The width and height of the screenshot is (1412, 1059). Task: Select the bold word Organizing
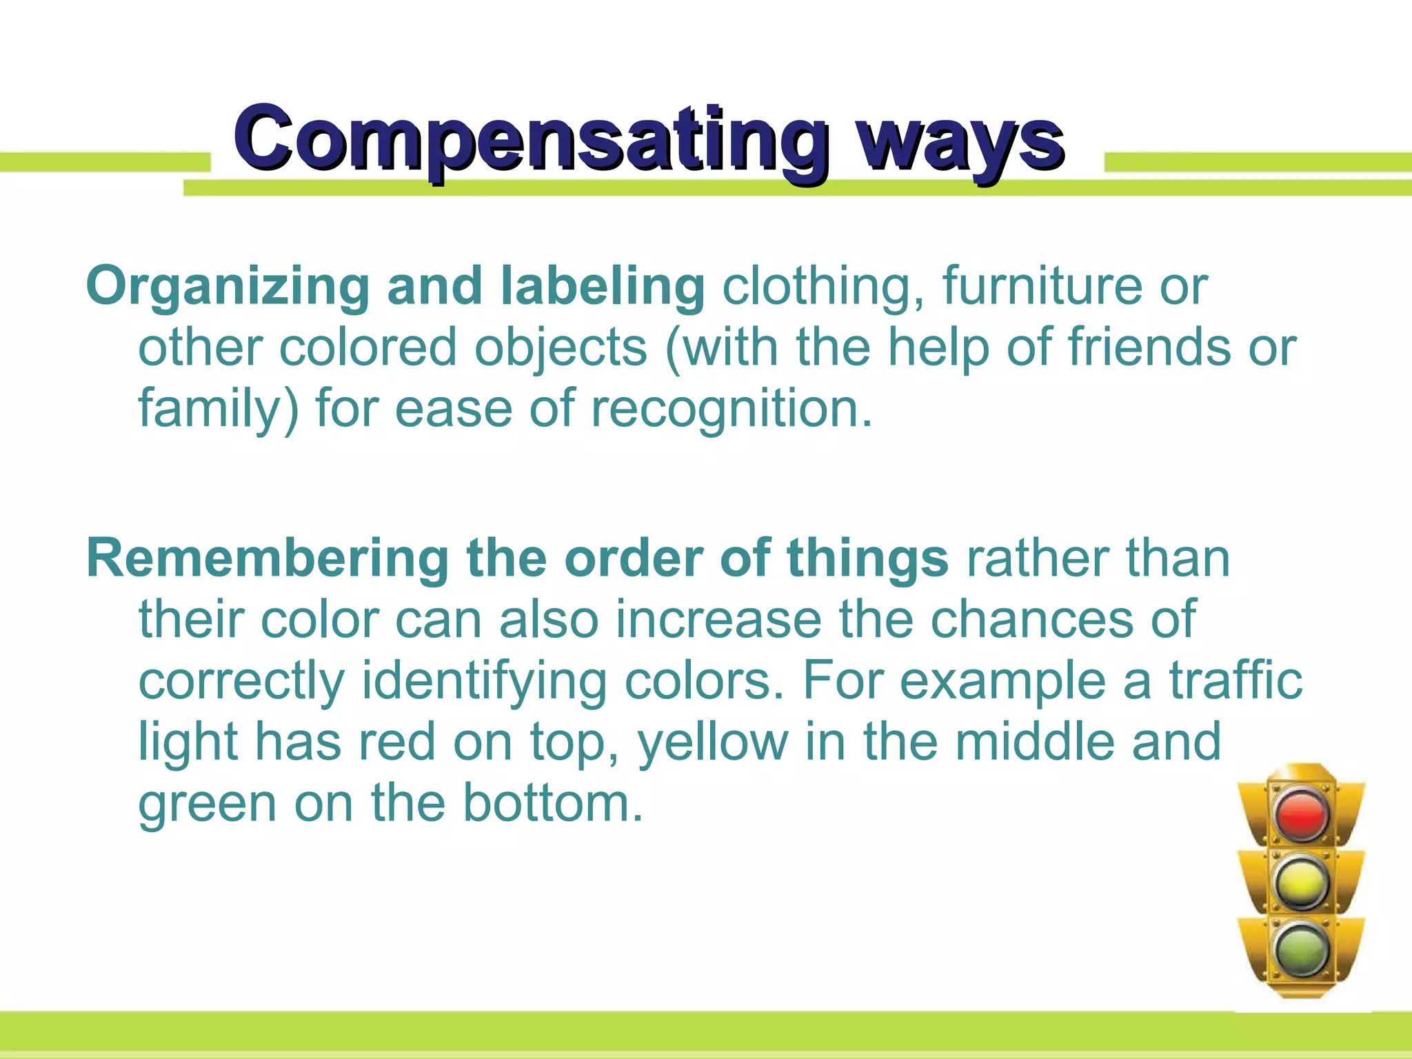pos(228,287)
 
